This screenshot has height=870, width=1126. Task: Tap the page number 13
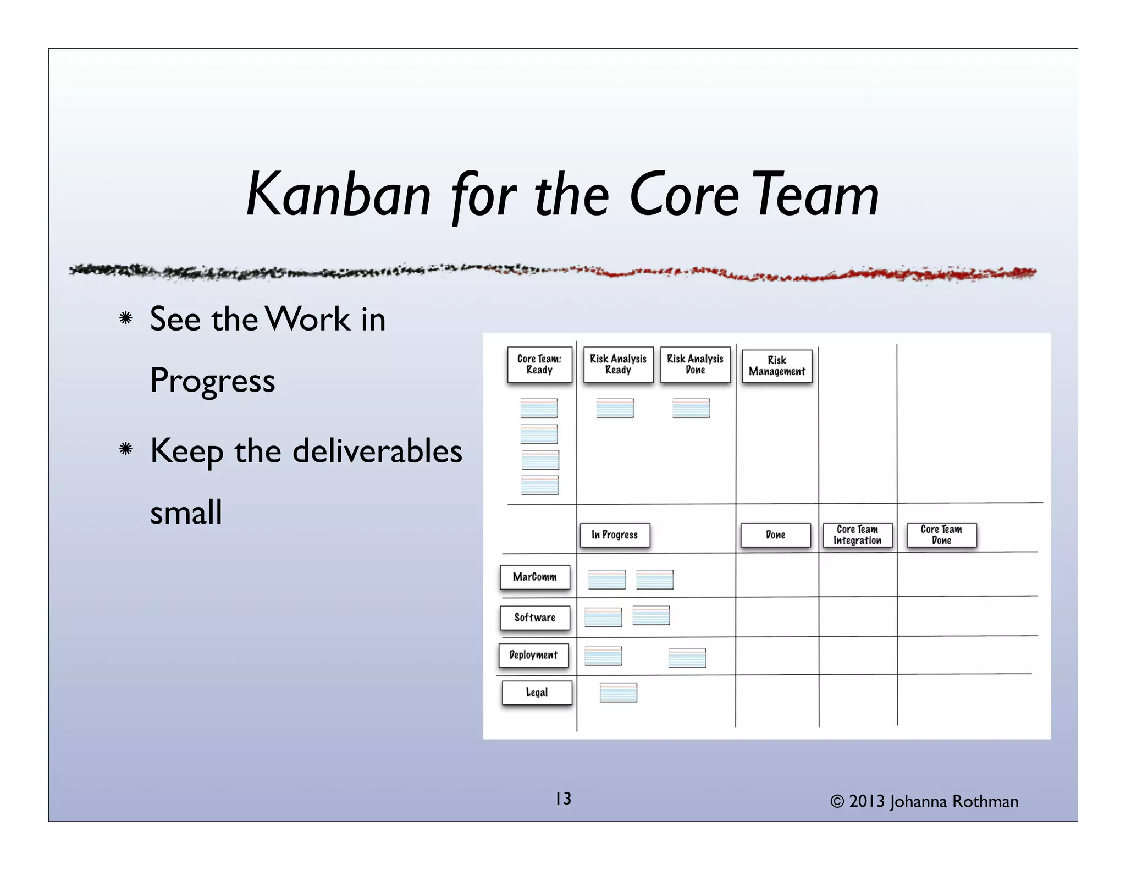point(563,799)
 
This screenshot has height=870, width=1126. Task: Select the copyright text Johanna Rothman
point(953,802)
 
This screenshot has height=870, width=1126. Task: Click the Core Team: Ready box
point(539,364)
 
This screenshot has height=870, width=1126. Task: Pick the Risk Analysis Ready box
point(618,364)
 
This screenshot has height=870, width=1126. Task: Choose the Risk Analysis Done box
point(695,364)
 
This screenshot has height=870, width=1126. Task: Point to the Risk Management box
point(776,366)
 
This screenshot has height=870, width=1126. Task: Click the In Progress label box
point(615,535)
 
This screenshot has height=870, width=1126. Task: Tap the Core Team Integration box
point(857,535)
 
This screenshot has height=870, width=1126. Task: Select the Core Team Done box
point(941,535)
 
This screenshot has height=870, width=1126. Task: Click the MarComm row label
point(534,577)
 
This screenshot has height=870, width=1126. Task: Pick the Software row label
point(534,618)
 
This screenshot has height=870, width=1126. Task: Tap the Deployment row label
point(533,655)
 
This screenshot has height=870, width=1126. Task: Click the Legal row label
point(537,692)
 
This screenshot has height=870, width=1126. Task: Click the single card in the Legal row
point(618,692)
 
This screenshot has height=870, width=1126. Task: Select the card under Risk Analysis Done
point(691,408)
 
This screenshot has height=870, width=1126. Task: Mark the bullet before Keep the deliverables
point(126,449)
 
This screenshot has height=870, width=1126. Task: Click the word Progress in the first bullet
point(212,381)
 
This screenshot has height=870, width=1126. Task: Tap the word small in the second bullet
point(186,513)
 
